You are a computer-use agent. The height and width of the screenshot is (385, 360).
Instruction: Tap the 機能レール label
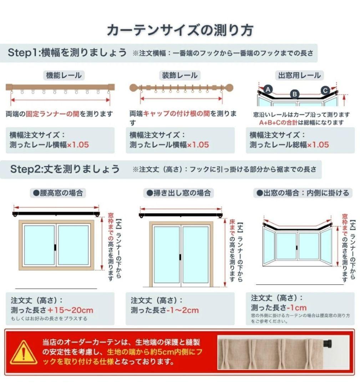coord(64,75)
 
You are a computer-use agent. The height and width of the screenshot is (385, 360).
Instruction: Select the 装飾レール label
coord(179,75)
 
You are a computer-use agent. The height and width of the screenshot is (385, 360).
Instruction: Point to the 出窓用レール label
coord(299,75)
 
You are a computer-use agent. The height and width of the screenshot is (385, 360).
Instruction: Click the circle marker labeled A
coord(269,89)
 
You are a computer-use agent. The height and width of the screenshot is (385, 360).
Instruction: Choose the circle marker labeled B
coord(295,94)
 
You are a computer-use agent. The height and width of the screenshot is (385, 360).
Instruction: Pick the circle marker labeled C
coord(325,90)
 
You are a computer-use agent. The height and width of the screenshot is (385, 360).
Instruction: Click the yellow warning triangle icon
coord(24,353)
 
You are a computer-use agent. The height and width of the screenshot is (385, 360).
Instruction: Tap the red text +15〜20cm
coord(70,310)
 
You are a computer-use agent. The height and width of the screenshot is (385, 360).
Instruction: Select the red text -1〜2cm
coord(182,310)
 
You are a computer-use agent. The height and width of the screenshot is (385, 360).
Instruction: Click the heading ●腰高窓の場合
coord(58,193)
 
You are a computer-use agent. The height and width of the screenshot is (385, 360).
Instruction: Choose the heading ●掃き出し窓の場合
coord(179,193)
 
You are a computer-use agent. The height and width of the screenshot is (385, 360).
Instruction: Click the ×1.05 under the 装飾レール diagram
coord(198,145)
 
